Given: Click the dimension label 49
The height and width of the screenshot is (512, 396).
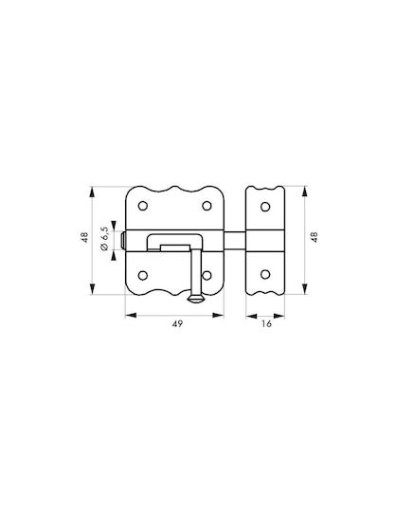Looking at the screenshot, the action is click(x=178, y=324).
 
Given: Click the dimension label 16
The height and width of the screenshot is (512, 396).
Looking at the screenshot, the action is click(x=266, y=324).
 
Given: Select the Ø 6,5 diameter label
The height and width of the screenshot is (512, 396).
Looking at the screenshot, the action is click(x=105, y=239).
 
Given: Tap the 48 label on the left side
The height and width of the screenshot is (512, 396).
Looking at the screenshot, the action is click(x=85, y=237).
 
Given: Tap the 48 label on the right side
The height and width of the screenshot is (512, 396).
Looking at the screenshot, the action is click(x=315, y=237).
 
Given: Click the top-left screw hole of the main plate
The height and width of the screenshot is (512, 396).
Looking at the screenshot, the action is click(x=143, y=206).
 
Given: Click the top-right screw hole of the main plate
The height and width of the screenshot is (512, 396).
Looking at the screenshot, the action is click(x=207, y=206).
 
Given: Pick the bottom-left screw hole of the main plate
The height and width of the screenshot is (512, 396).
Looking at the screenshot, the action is click(x=143, y=275).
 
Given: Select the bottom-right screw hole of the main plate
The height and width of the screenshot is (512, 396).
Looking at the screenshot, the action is click(x=207, y=275).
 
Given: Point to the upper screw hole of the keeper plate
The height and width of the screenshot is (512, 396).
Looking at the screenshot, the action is click(x=265, y=207).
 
